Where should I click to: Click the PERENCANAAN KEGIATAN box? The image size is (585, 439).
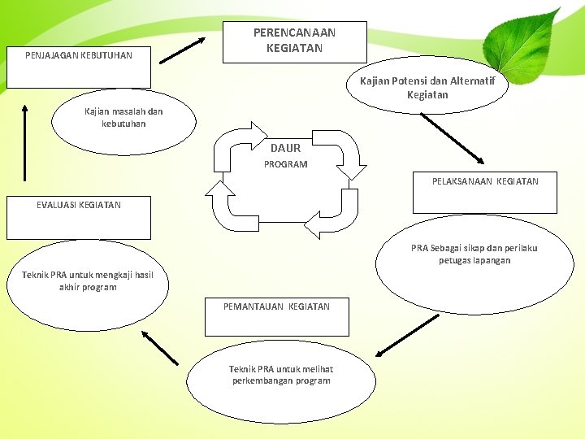click(x=294, y=41)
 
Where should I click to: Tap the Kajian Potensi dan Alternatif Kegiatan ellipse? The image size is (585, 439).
click(x=427, y=88)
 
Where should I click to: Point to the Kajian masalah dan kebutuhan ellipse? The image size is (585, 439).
click(x=123, y=120)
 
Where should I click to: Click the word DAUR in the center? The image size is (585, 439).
click(x=285, y=148)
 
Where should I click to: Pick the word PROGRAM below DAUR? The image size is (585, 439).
click(x=285, y=164)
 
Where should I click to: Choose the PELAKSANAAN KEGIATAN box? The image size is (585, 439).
click(x=484, y=192)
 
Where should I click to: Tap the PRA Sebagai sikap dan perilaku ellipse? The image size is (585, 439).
click(x=474, y=261)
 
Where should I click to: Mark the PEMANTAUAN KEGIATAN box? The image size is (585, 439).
click(x=276, y=315)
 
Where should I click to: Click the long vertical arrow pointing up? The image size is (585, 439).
click(x=24, y=142)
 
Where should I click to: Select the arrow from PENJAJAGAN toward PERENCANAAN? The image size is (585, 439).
click(x=182, y=50)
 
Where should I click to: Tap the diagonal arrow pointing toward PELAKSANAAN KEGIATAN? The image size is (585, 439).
click(x=453, y=137)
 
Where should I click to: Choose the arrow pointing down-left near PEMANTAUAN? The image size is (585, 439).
click(x=407, y=334)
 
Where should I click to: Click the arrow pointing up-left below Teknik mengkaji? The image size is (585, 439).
click(x=159, y=346)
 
